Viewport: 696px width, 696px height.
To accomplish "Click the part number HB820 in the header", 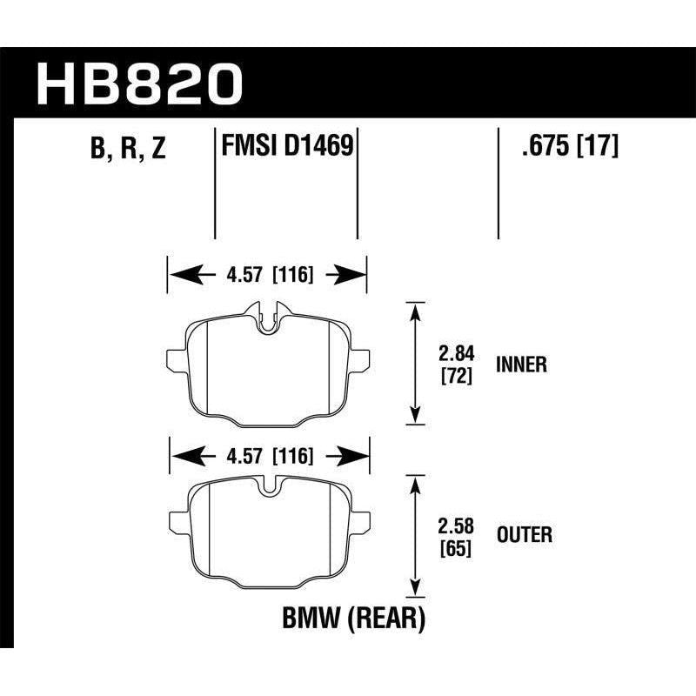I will [x=139, y=84].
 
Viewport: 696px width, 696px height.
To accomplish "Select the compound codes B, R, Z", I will [x=127, y=149].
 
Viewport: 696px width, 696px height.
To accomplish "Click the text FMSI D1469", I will [x=286, y=145].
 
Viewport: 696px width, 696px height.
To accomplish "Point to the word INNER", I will [x=521, y=365].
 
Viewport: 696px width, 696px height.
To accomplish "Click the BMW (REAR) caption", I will [x=352, y=619].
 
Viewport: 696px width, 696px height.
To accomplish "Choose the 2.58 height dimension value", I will [x=456, y=525].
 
